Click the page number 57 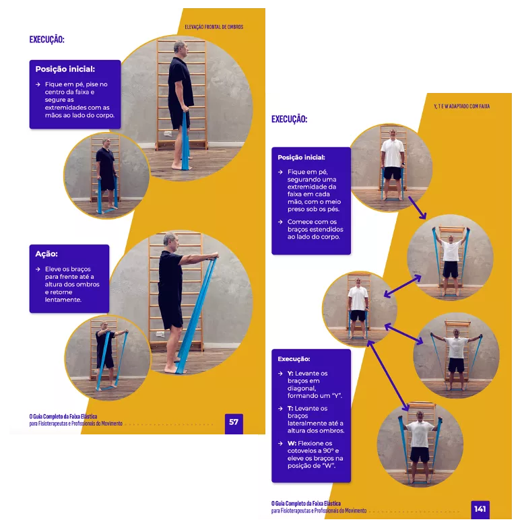234,422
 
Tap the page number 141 480,509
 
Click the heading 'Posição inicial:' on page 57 65,69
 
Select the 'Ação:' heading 46,254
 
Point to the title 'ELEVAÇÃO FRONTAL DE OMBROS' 214,27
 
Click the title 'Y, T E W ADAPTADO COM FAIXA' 462,106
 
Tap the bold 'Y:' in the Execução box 290,373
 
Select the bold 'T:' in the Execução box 290,408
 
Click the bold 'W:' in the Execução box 292,443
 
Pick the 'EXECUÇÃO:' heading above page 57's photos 47,39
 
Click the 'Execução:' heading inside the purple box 294,359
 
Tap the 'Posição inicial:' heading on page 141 301,158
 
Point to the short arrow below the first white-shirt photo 418,207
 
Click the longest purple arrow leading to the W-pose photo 388,376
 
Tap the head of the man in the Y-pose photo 451,238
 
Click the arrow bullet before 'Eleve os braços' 38,269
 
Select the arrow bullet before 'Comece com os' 280,222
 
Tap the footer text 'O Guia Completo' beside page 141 291,504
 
